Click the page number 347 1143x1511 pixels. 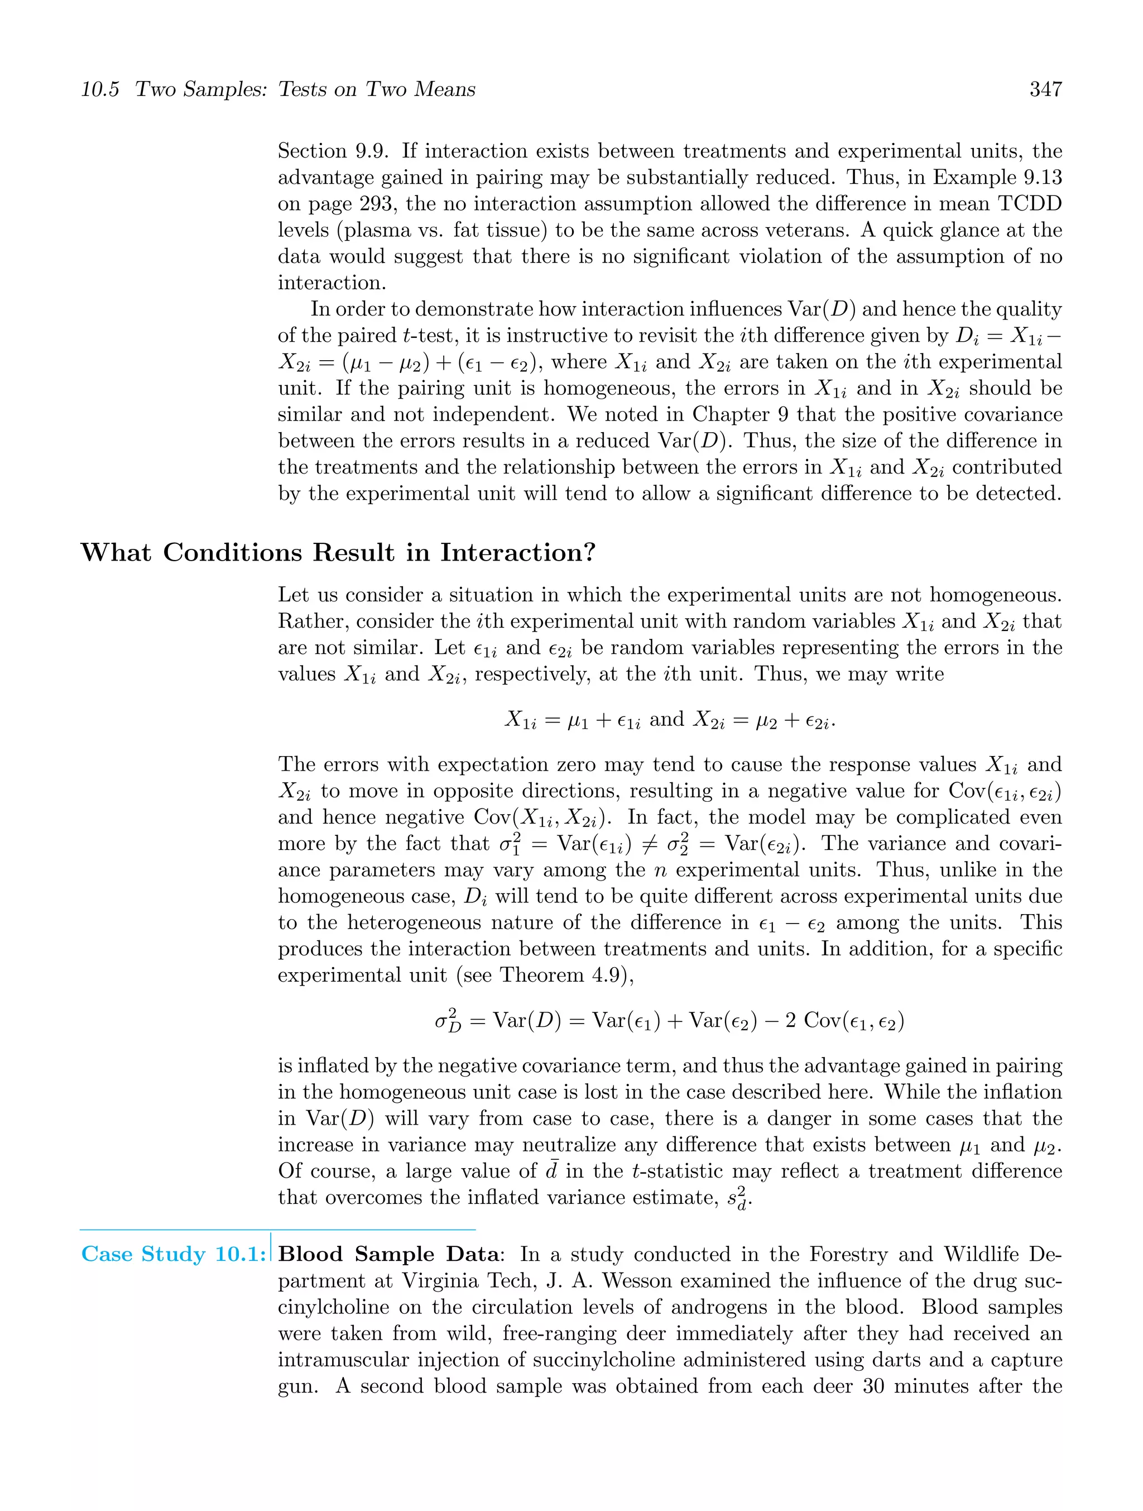point(1045,89)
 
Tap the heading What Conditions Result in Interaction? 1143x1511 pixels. point(338,552)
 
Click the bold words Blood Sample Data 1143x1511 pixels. point(389,1254)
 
